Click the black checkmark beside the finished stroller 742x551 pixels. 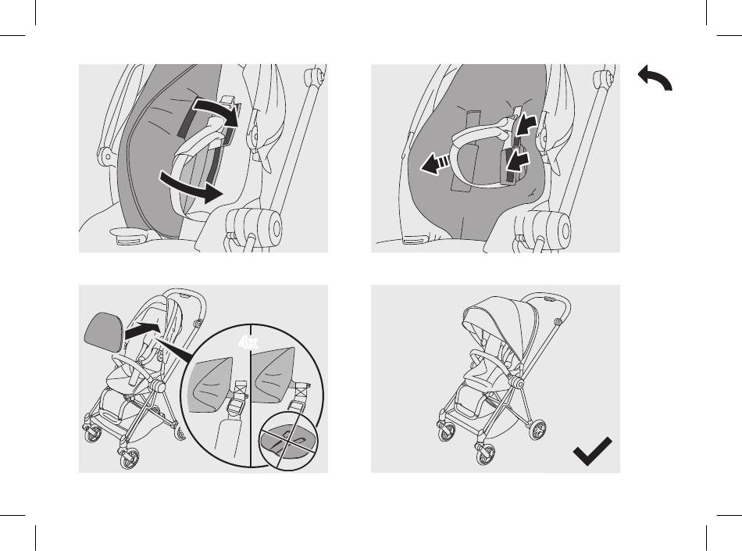(x=591, y=452)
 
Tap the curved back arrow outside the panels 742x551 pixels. (x=655, y=77)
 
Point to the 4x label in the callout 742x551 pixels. (x=248, y=342)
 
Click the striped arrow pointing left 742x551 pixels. (x=436, y=163)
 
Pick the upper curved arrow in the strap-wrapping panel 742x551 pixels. (x=216, y=110)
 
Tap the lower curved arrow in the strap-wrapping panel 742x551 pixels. (x=191, y=187)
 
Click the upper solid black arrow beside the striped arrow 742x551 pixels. (x=526, y=126)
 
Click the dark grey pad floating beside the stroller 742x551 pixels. (x=104, y=331)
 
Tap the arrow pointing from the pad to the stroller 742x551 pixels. (x=143, y=330)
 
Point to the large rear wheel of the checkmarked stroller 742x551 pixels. (x=537, y=431)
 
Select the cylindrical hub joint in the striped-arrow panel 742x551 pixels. (x=544, y=229)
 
